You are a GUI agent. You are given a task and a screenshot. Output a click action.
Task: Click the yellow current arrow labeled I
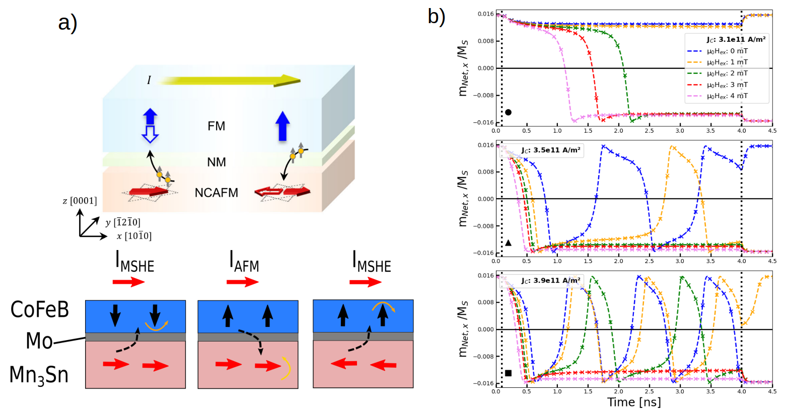[x=229, y=80]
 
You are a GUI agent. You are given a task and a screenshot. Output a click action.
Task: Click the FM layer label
[x=216, y=126]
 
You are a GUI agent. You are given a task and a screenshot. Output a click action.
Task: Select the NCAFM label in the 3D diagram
[x=216, y=193]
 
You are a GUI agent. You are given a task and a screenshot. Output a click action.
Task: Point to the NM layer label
[x=216, y=162]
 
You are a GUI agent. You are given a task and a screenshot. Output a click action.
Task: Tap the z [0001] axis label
[x=80, y=201]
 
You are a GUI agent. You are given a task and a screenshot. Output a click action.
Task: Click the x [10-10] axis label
[x=134, y=236]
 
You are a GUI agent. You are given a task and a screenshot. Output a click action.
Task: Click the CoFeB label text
[x=40, y=310]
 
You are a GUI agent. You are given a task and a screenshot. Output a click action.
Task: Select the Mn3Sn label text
[x=39, y=375]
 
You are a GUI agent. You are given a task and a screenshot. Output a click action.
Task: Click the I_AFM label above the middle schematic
[x=244, y=262]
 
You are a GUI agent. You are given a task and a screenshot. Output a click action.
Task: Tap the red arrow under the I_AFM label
[x=242, y=282]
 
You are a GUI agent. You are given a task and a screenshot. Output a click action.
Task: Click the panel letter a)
[x=67, y=23]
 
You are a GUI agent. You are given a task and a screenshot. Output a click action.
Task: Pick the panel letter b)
[x=436, y=17]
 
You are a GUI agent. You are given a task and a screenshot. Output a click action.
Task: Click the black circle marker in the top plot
[x=508, y=112]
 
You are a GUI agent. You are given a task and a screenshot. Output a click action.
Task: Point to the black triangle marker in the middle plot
[x=508, y=243]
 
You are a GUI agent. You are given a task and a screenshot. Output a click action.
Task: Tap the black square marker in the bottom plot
[x=508, y=373]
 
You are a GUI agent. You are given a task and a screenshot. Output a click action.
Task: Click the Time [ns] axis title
[x=633, y=402]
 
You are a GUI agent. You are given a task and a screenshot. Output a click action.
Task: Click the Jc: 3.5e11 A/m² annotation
[x=550, y=150]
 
